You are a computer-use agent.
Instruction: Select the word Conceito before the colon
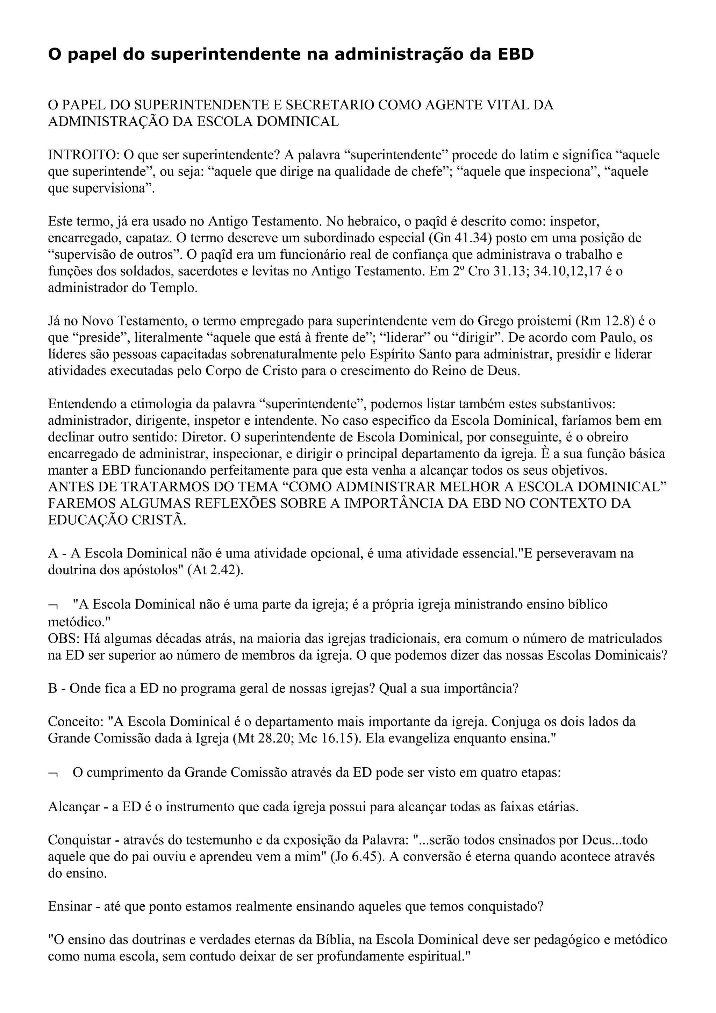point(76,722)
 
